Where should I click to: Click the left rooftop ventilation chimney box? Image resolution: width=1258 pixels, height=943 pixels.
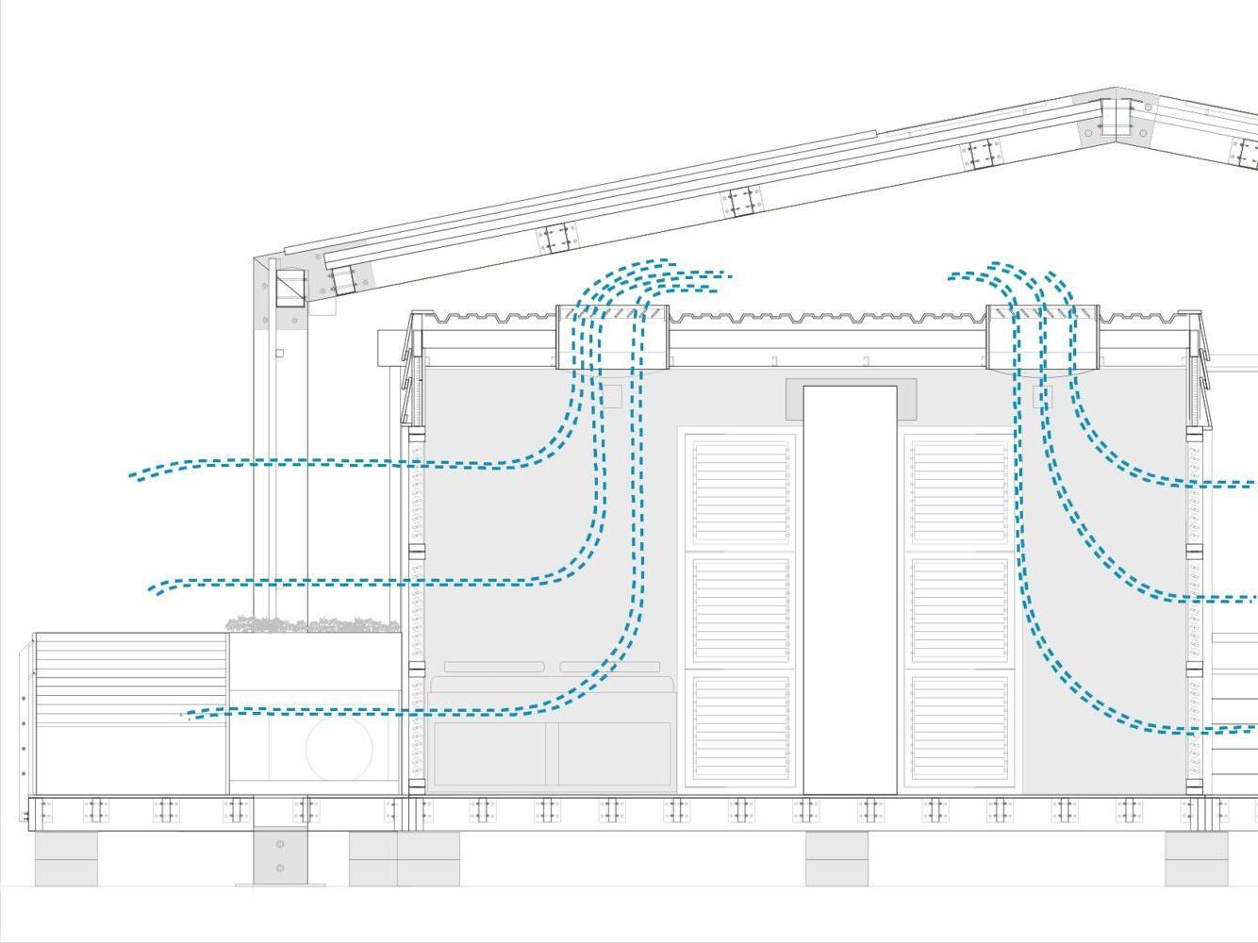[612, 337]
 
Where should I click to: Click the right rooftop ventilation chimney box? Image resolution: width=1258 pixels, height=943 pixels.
[1042, 337]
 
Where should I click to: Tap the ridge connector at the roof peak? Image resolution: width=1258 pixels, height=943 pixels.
[1117, 119]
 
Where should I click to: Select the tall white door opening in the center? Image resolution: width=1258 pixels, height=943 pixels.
[850, 589]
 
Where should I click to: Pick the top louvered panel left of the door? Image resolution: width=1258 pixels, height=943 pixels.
[740, 490]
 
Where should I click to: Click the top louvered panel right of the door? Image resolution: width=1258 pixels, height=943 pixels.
[959, 490]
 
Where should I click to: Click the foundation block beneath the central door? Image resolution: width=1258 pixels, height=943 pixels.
[836, 859]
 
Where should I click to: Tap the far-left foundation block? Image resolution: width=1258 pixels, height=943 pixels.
[66, 859]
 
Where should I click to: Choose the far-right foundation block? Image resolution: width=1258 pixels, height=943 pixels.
[1196, 859]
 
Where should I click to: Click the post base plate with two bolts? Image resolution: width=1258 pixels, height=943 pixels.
[280, 856]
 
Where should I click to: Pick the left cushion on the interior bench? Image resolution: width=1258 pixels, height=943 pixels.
[494, 667]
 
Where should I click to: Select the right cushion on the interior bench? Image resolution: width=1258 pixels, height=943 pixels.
[609, 667]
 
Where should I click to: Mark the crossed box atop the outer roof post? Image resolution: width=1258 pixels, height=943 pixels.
[290, 287]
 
